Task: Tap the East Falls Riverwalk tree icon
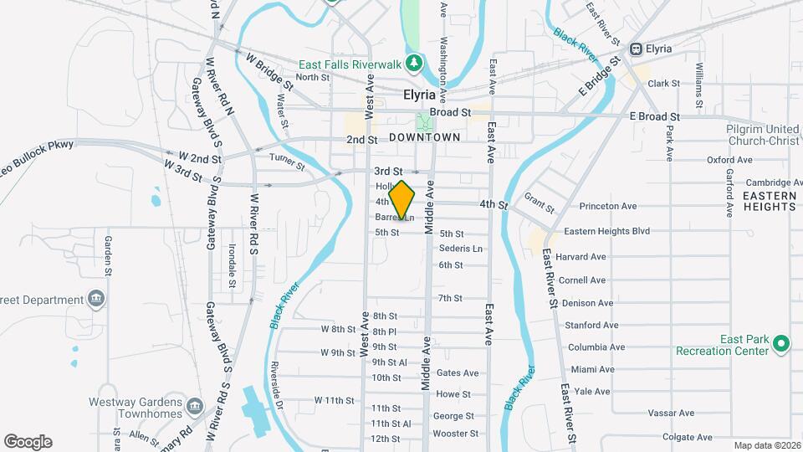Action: click(x=413, y=63)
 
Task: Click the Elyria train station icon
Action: click(x=637, y=49)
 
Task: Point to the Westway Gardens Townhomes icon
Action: click(x=195, y=407)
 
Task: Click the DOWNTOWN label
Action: click(x=424, y=136)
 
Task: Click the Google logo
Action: click(x=28, y=442)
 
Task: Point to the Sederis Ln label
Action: click(x=461, y=249)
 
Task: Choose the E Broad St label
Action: click(x=655, y=116)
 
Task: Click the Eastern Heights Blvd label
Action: click(x=606, y=231)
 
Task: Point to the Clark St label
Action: click(x=663, y=84)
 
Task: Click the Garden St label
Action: click(x=108, y=255)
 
